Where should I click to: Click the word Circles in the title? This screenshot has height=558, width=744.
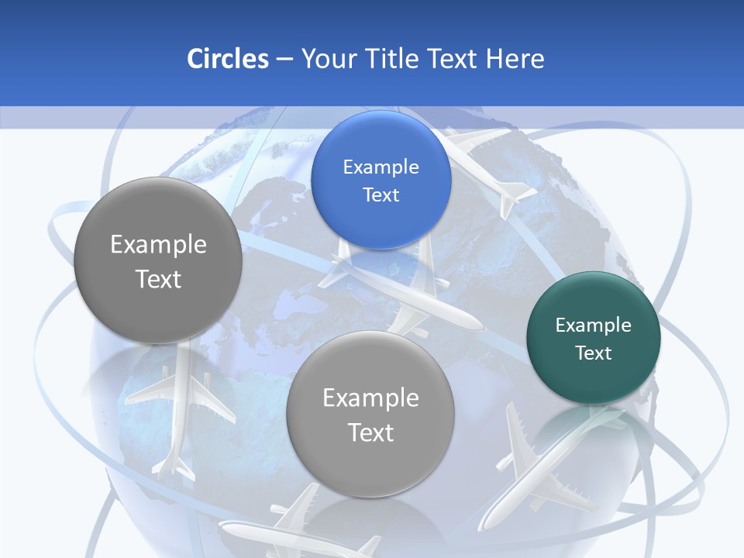point(227,59)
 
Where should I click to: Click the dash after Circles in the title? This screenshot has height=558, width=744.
point(284,60)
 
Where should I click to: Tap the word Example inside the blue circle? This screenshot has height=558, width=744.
point(381,167)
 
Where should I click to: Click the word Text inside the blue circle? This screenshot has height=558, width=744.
point(381,195)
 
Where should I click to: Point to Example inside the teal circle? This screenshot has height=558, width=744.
point(594,325)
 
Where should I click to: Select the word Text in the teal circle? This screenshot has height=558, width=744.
point(594,353)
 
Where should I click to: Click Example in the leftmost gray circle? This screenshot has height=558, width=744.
point(158,244)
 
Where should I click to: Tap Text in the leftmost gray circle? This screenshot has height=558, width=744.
point(158,279)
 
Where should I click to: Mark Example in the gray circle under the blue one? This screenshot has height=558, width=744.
point(370,398)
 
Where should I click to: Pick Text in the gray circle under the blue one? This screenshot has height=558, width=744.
point(370,432)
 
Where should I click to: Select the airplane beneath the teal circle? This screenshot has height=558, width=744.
point(542,465)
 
